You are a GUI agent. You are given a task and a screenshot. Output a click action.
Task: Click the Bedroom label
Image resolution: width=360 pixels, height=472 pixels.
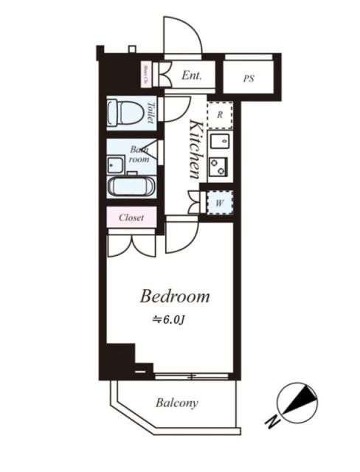[x=175, y=296]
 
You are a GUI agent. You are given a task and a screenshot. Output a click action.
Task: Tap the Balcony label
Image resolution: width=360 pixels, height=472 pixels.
[x=176, y=403]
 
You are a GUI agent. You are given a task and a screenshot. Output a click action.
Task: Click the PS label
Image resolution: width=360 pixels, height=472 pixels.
[x=248, y=77]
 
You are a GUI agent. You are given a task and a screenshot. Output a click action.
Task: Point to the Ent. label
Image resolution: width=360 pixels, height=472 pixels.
[x=192, y=74]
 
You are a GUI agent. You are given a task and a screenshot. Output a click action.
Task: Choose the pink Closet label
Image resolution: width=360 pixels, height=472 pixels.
[x=131, y=218]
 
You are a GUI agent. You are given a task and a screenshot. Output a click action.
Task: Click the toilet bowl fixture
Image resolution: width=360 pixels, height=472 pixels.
[x=123, y=113]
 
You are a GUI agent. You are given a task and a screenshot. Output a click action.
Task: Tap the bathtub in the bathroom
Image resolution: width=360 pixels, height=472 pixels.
[x=131, y=187]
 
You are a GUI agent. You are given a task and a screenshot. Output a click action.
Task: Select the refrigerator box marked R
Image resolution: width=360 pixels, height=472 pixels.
[x=219, y=114]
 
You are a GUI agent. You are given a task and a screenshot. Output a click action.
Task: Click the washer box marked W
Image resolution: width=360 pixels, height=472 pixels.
[x=219, y=201]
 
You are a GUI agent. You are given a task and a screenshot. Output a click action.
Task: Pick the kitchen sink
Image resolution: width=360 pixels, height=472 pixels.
[x=219, y=140]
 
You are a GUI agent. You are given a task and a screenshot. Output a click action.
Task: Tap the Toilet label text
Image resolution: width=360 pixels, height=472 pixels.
[x=150, y=113]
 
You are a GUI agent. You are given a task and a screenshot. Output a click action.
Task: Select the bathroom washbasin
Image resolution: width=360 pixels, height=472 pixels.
[x=117, y=164]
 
